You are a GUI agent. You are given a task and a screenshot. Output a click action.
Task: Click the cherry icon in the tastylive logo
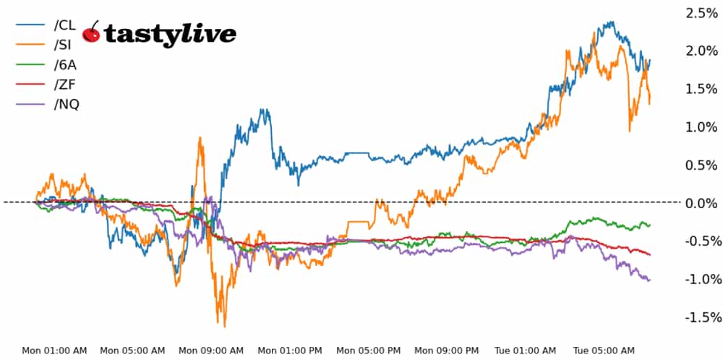click(x=92, y=33)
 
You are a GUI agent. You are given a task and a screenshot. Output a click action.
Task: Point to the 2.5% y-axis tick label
click(x=701, y=13)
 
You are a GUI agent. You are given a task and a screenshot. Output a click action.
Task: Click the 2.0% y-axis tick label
click(x=701, y=51)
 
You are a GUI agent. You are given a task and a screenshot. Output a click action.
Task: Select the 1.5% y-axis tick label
click(x=701, y=89)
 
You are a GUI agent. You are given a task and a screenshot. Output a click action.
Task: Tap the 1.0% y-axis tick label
click(x=701, y=127)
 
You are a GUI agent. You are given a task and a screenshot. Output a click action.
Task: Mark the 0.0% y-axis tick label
click(x=701, y=203)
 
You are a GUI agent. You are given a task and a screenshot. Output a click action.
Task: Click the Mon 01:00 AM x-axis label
click(x=54, y=351)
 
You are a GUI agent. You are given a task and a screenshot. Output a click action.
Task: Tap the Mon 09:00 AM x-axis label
click(x=212, y=351)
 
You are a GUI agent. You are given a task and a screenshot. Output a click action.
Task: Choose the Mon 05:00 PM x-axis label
click(x=369, y=351)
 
